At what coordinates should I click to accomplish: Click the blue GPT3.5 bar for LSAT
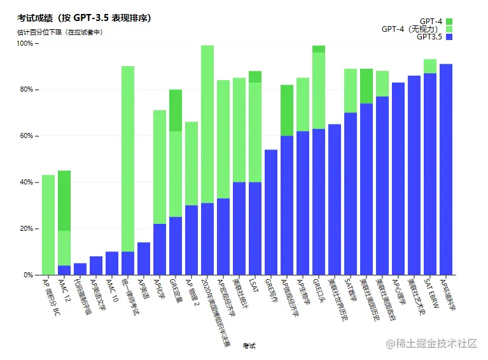tap(254, 228)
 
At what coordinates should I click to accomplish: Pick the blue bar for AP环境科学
tap(445, 169)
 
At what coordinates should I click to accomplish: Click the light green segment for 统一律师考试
tap(128, 158)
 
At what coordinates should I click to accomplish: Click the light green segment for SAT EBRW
tap(430, 66)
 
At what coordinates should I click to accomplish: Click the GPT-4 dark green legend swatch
tap(449, 22)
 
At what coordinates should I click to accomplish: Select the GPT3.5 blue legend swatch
tap(449, 37)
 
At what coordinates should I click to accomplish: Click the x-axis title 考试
tap(249, 346)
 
